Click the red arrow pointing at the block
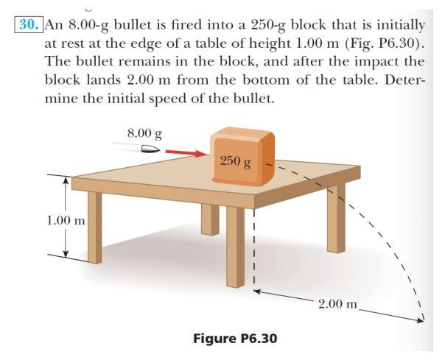(x=185, y=153)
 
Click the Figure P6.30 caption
(x=235, y=339)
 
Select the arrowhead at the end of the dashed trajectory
(x=424, y=320)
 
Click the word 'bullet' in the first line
(x=141, y=24)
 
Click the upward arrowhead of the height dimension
(x=66, y=180)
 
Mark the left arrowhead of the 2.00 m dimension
(x=259, y=292)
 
